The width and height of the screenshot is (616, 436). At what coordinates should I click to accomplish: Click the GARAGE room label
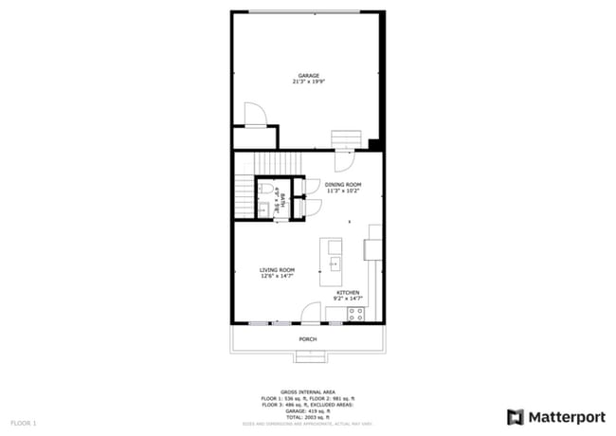coord(308,76)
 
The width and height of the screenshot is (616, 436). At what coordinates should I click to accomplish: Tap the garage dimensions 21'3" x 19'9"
coord(308,82)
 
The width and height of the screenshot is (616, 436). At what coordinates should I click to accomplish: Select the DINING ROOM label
coord(343,184)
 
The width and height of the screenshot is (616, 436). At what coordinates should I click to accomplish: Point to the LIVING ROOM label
coord(278,270)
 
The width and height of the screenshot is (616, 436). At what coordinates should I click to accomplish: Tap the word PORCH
coord(307,338)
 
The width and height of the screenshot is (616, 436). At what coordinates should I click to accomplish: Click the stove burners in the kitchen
coord(355,315)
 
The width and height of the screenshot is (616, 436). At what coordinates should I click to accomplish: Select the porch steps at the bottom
coord(308,356)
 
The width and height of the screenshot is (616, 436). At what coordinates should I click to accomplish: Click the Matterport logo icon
coord(516,416)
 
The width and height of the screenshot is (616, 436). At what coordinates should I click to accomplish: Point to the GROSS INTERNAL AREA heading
coord(308,390)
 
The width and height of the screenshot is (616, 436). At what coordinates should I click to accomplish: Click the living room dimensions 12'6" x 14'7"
coord(278,277)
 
